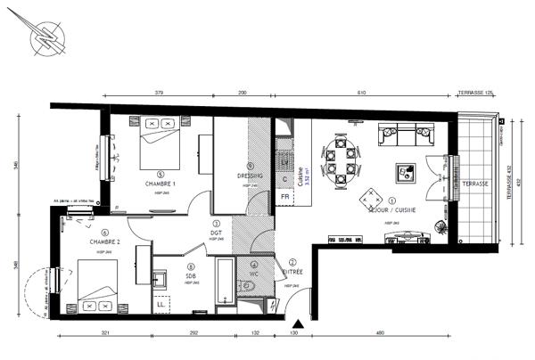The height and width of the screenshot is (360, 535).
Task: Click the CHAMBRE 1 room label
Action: click(161, 184)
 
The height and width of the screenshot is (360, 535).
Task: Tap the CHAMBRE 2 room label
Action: click(105, 241)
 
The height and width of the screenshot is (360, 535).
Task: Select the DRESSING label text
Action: click(251, 176)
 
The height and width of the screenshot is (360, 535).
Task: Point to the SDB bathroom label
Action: click(190, 275)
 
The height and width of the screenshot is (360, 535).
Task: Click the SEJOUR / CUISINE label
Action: click(391, 209)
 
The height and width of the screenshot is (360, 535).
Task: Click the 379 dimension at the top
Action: click(159, 93)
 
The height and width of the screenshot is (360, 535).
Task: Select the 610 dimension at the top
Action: click(361, 93)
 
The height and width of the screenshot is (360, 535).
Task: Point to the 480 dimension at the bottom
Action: click(379, 333)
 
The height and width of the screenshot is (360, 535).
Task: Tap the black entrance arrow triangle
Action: click(296, 324)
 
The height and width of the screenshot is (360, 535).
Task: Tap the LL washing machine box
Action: click(161, 305)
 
